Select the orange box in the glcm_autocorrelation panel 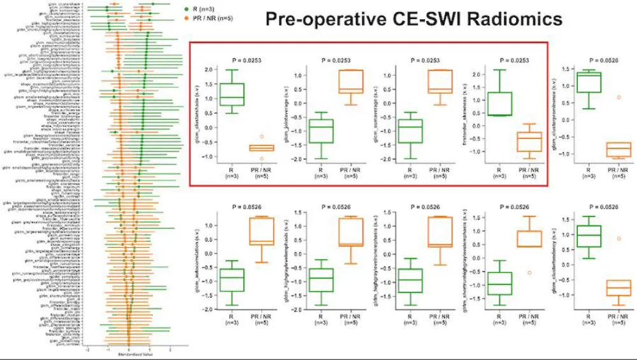pos(262,231)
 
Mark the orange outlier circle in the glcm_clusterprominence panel pos(619,97)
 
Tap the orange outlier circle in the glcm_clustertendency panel pos(619,239)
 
